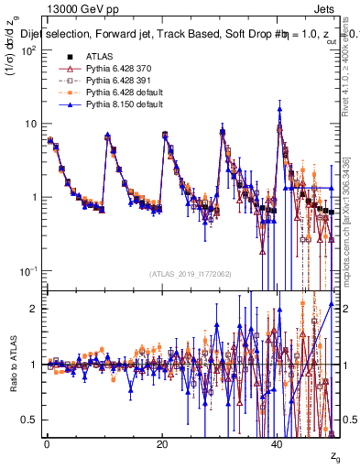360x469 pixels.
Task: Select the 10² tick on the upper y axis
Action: point(29,49)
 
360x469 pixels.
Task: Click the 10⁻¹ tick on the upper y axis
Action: point(29,271)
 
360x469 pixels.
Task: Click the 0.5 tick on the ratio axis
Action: point(31,420)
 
